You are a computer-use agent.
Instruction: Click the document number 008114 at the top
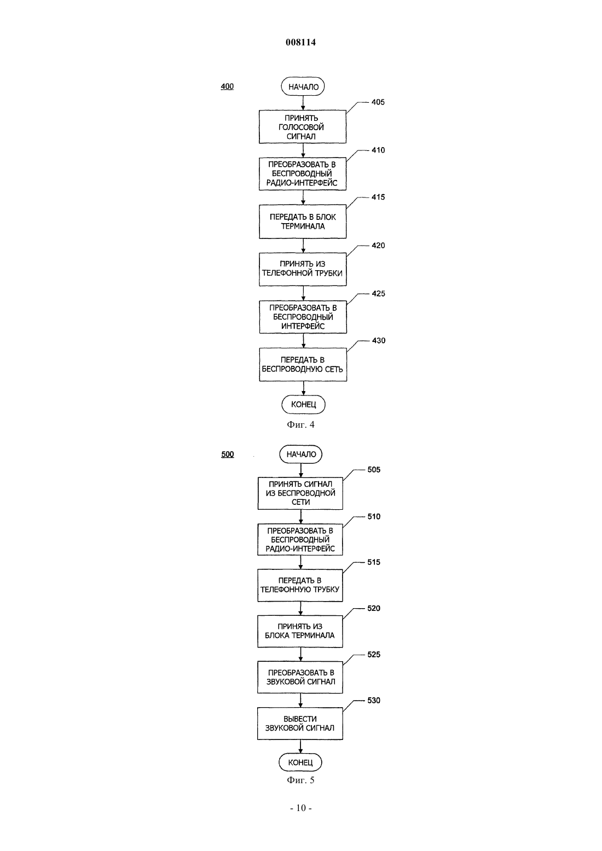(300, 42)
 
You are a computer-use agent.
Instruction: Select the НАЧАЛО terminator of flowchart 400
(303, 86)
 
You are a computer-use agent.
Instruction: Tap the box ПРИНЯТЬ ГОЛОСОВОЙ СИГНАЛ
(303, 127)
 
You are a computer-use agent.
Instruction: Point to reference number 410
(378, 150)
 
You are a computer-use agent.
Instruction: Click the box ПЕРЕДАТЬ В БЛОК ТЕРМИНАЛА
(303, 222)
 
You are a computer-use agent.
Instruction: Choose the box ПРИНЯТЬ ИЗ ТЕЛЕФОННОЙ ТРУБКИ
(303, 269)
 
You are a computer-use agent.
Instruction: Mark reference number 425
(379, 294)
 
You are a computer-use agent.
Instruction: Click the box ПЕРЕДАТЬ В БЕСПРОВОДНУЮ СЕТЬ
(303, 364)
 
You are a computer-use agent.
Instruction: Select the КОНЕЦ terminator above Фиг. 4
(303, 404)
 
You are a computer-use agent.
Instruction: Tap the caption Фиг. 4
(300, 425)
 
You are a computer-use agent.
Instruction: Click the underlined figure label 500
(228, 454)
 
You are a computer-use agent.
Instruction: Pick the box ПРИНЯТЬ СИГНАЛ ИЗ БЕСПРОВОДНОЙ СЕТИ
(300, 493)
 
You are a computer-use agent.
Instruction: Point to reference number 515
(374, 562)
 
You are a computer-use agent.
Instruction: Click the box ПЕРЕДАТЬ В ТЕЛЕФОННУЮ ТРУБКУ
(300, 585)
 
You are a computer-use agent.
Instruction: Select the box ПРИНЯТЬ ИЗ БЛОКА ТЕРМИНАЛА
(300, 631)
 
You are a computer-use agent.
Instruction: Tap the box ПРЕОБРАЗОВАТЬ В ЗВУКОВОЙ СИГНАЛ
(300, 677)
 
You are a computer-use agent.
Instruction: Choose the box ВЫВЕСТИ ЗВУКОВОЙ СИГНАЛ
(300, 724)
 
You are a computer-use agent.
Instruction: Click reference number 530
(374, 701)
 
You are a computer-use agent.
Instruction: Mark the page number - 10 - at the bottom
(301, 808)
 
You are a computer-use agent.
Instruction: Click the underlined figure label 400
(227, 86)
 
